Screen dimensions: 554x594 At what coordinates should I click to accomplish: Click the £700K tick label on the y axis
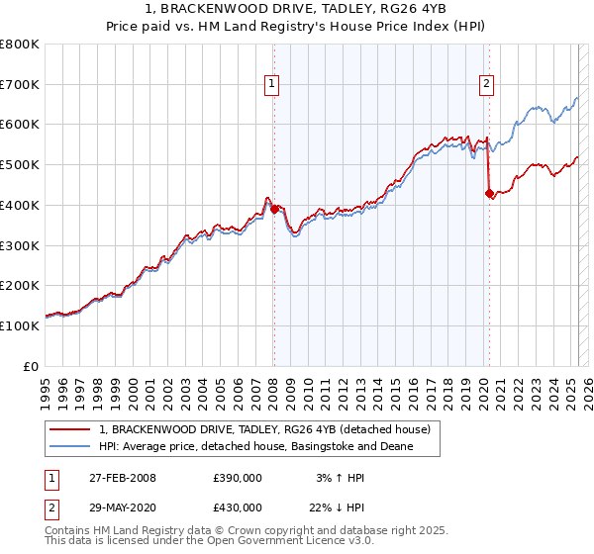(20, 85)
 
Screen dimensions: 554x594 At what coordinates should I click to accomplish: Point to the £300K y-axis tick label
(20, 245)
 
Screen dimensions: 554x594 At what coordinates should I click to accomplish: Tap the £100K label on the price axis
(20, 325)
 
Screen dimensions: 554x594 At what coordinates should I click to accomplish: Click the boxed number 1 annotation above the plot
(271, 86)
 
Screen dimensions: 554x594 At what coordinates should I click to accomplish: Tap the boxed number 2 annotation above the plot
(487, 86)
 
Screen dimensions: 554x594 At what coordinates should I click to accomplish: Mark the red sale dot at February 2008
(274, 209)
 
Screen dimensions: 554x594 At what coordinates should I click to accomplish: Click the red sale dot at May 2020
(488, 194)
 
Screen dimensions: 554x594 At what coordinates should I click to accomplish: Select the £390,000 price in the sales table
(238, 478)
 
